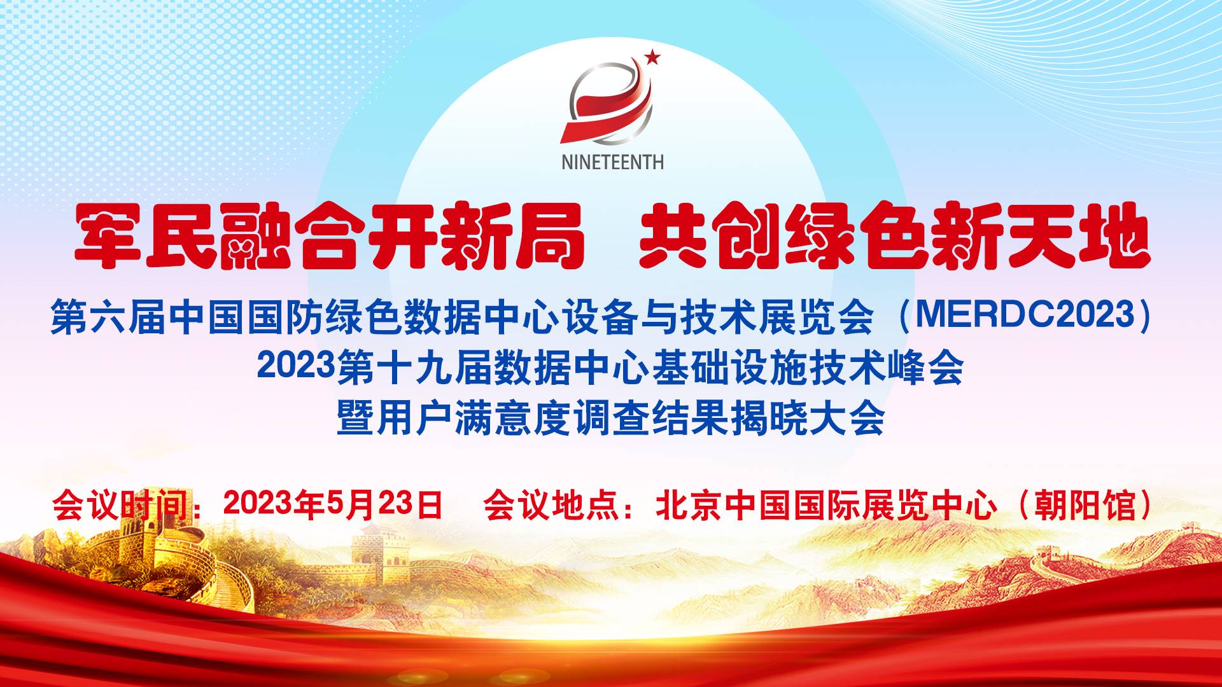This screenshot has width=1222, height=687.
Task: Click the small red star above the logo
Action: click(x=652, y=59)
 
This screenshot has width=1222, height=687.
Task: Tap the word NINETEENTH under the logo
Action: click(x=612, y=162)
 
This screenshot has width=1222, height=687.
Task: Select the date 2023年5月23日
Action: click(x=333, y=505)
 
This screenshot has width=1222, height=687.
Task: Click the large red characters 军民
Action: click(x=146, y=235)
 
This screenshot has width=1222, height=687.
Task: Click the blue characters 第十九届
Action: click(x=414, y=368)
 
